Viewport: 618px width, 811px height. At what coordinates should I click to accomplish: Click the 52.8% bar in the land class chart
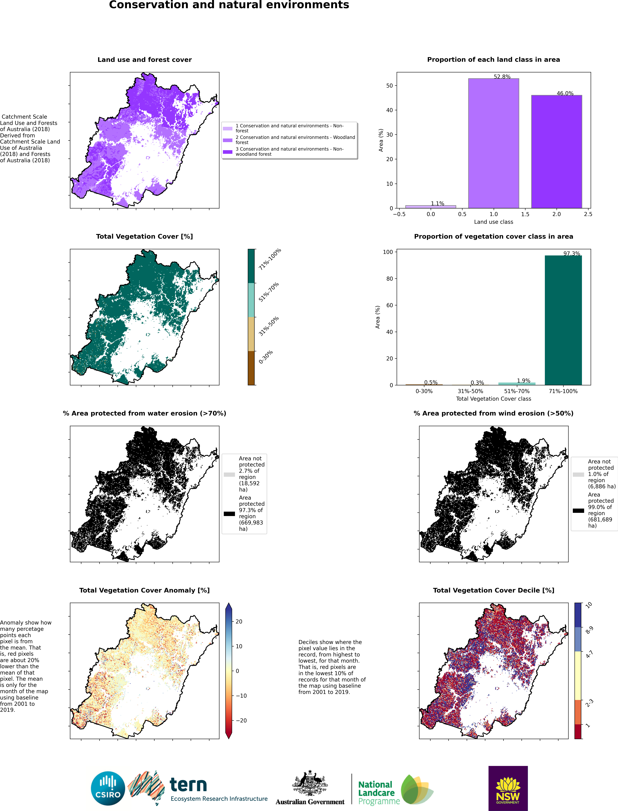pyautogui.click(x=493, y=143)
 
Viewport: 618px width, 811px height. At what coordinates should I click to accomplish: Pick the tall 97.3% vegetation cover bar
pyautogui.click(x=563, y=320)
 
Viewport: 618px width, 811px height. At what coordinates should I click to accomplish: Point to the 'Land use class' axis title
pyautogui.click(x=493, y=222)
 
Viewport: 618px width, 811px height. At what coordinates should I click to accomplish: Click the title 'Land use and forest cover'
pyautogui.click(x=145, y=60)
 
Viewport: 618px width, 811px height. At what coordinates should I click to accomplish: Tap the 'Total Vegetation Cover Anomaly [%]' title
pyautogui.click(x=145, y=590)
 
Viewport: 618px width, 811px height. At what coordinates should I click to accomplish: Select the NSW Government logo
pyautogui.click(x=508, y=788)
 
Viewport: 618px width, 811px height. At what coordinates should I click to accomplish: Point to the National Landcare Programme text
pyautogui.click(x=379, y=793)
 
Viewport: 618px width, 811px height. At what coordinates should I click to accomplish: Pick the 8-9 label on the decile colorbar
pyautogui.click(x=589, y=630)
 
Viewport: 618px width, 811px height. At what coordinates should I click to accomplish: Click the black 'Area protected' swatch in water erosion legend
pyautogui.click(x=229, y=514)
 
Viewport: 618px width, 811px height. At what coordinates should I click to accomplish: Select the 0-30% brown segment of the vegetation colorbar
pyautogui.click(x=251, y=368)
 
